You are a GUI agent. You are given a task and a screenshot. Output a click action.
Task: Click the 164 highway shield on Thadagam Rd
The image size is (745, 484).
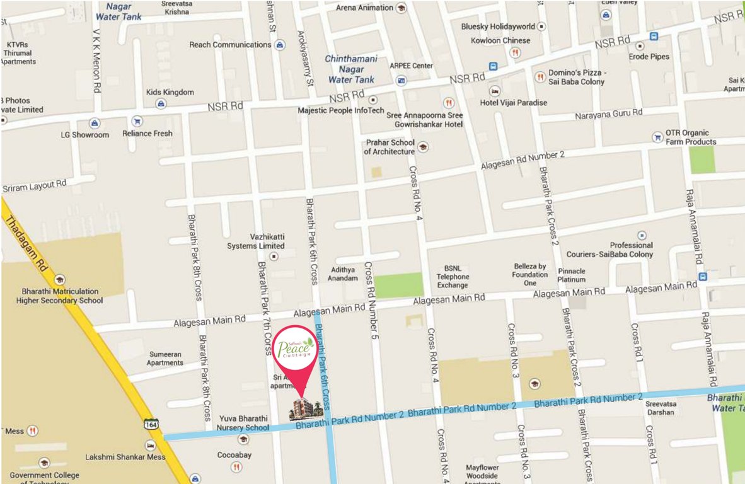tap(150, 425)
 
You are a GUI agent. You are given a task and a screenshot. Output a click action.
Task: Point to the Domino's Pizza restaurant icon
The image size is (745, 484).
tap(540, 77)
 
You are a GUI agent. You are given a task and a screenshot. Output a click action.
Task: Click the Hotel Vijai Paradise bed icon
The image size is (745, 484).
tap(495, 91)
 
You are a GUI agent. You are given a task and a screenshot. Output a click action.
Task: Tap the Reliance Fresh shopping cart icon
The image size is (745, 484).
tap(136, 122)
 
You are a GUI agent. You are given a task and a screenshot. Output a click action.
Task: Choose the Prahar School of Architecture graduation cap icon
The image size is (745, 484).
tap(422, 147)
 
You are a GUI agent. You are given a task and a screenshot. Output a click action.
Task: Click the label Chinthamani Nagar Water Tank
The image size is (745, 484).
tap(351, 69)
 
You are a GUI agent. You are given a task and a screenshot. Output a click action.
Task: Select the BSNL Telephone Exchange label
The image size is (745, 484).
tap(453, 277)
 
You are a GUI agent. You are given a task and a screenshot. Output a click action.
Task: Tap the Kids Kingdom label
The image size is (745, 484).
tap(170, 92)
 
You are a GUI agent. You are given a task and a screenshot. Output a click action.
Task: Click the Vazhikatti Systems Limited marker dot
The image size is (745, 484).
tap(274, 256)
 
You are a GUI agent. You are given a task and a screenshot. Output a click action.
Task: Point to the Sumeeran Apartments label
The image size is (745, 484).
tap(165, 359)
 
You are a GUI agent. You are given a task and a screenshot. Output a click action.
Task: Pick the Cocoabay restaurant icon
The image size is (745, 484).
tap(236, 467)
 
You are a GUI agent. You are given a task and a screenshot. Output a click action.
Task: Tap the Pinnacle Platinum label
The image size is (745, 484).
tap(572, 275)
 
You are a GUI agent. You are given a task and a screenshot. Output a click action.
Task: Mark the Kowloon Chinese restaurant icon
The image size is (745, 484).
tap(515, 53)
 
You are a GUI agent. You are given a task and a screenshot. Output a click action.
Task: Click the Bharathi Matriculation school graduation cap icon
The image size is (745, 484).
tap(59, 280)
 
